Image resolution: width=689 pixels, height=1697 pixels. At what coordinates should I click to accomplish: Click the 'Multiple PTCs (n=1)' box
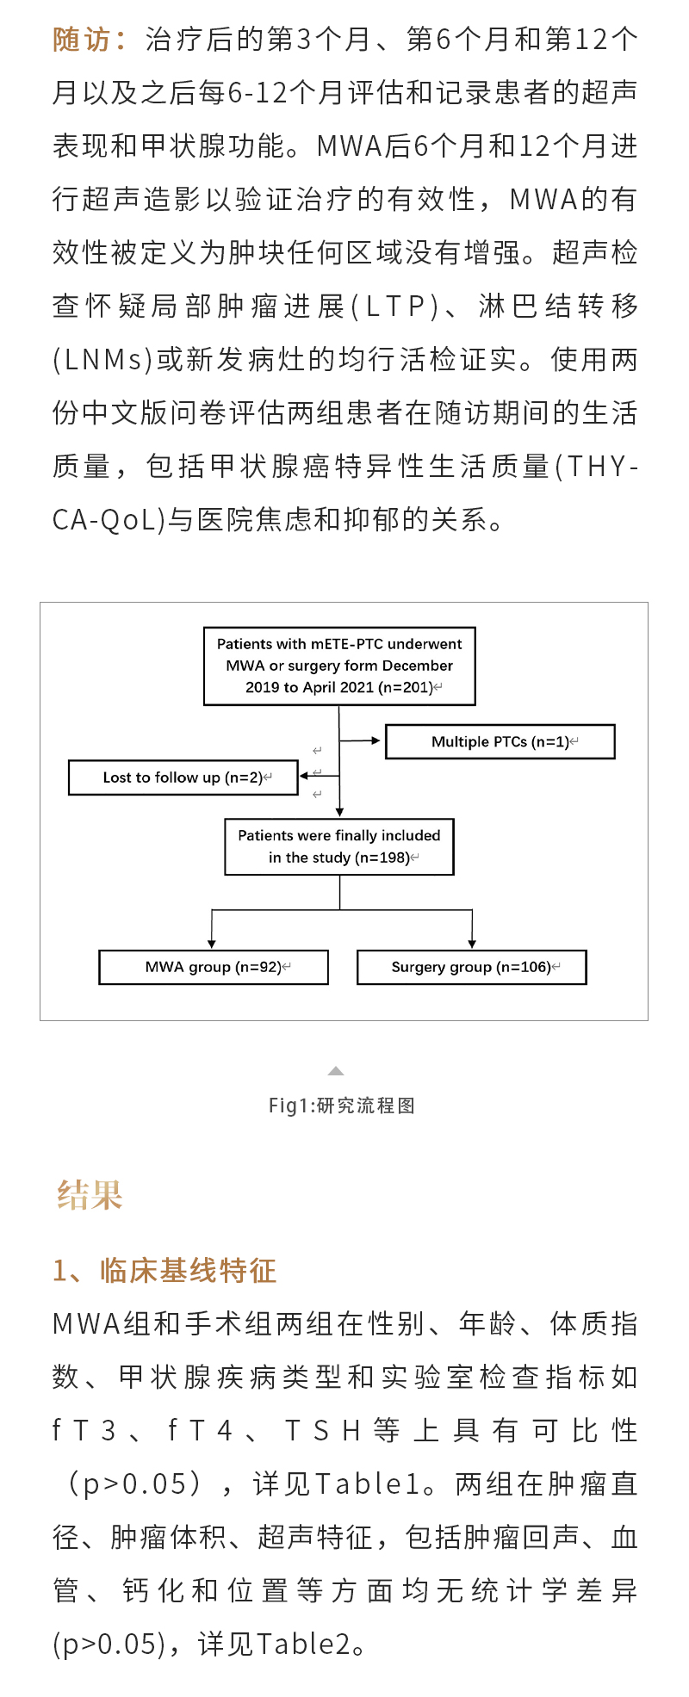(500, 742)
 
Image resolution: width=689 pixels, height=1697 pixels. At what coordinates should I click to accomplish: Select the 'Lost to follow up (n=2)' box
(183, 777)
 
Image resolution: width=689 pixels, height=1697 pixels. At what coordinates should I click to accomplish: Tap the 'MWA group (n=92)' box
(214, 967)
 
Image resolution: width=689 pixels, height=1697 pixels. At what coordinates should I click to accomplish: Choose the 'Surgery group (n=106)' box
(471, 967)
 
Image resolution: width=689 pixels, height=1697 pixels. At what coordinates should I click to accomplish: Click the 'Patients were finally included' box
(339, 846)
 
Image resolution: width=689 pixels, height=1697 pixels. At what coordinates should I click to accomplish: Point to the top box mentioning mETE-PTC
(339, 666)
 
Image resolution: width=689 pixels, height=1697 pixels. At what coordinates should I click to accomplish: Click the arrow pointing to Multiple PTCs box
(362, 740)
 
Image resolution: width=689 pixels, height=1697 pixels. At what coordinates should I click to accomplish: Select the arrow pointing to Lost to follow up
(319, 776)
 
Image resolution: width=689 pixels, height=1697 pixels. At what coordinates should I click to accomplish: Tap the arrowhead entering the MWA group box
(212, 944)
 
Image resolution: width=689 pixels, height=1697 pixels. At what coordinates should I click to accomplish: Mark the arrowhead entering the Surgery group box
(472, 944)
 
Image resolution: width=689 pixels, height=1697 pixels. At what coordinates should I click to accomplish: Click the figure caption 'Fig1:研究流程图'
(342, 1106)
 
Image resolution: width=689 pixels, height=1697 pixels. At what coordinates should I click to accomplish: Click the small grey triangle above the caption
(336, 1071)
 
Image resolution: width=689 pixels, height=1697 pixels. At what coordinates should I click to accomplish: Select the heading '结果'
(90, 1195)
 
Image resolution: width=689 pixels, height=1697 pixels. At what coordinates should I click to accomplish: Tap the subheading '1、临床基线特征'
(164, 1271)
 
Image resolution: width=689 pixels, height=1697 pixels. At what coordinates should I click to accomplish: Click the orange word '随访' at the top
(83, 40)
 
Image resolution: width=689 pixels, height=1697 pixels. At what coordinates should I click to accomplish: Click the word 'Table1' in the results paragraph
(367, 1483)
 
